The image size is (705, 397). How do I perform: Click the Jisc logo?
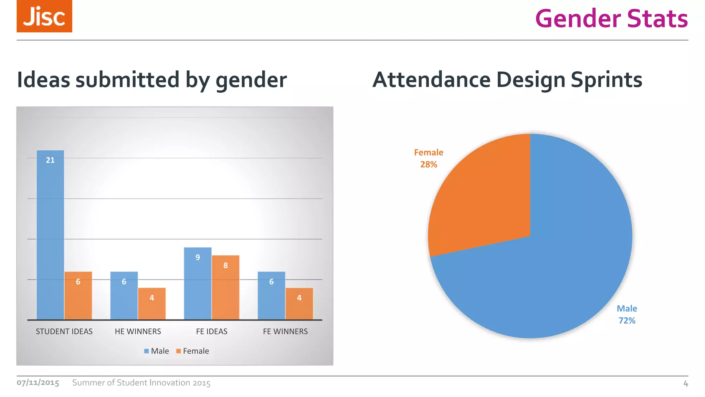coord(44,16)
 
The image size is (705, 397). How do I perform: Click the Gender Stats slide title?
coord(611,19)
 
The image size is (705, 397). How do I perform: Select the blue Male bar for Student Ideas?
coord(50,234)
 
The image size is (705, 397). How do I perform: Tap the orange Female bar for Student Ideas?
coord(78,296)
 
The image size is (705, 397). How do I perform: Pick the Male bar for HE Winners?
coord(124,296)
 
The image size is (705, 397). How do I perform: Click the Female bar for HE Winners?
coord(152,304)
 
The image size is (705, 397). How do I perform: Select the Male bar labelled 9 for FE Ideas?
coord(198,283)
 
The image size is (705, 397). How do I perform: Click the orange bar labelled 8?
coord(225,287)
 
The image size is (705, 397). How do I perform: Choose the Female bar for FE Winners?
coord(299,304)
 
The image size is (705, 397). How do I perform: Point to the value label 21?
coord(50,160)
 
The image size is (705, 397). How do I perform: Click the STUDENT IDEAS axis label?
coord(64,332)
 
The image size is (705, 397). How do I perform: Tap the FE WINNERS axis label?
coord(285,332)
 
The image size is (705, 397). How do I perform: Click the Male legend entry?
coord(157,351)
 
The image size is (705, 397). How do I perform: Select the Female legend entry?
coord(192,351)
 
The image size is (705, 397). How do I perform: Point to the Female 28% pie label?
coord(429,158)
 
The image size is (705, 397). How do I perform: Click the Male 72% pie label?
coord(627,314)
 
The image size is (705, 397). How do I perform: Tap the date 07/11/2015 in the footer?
coord(38,383)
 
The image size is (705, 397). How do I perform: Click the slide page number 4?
coord(685,384)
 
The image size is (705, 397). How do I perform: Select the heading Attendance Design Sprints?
coord(507,80)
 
